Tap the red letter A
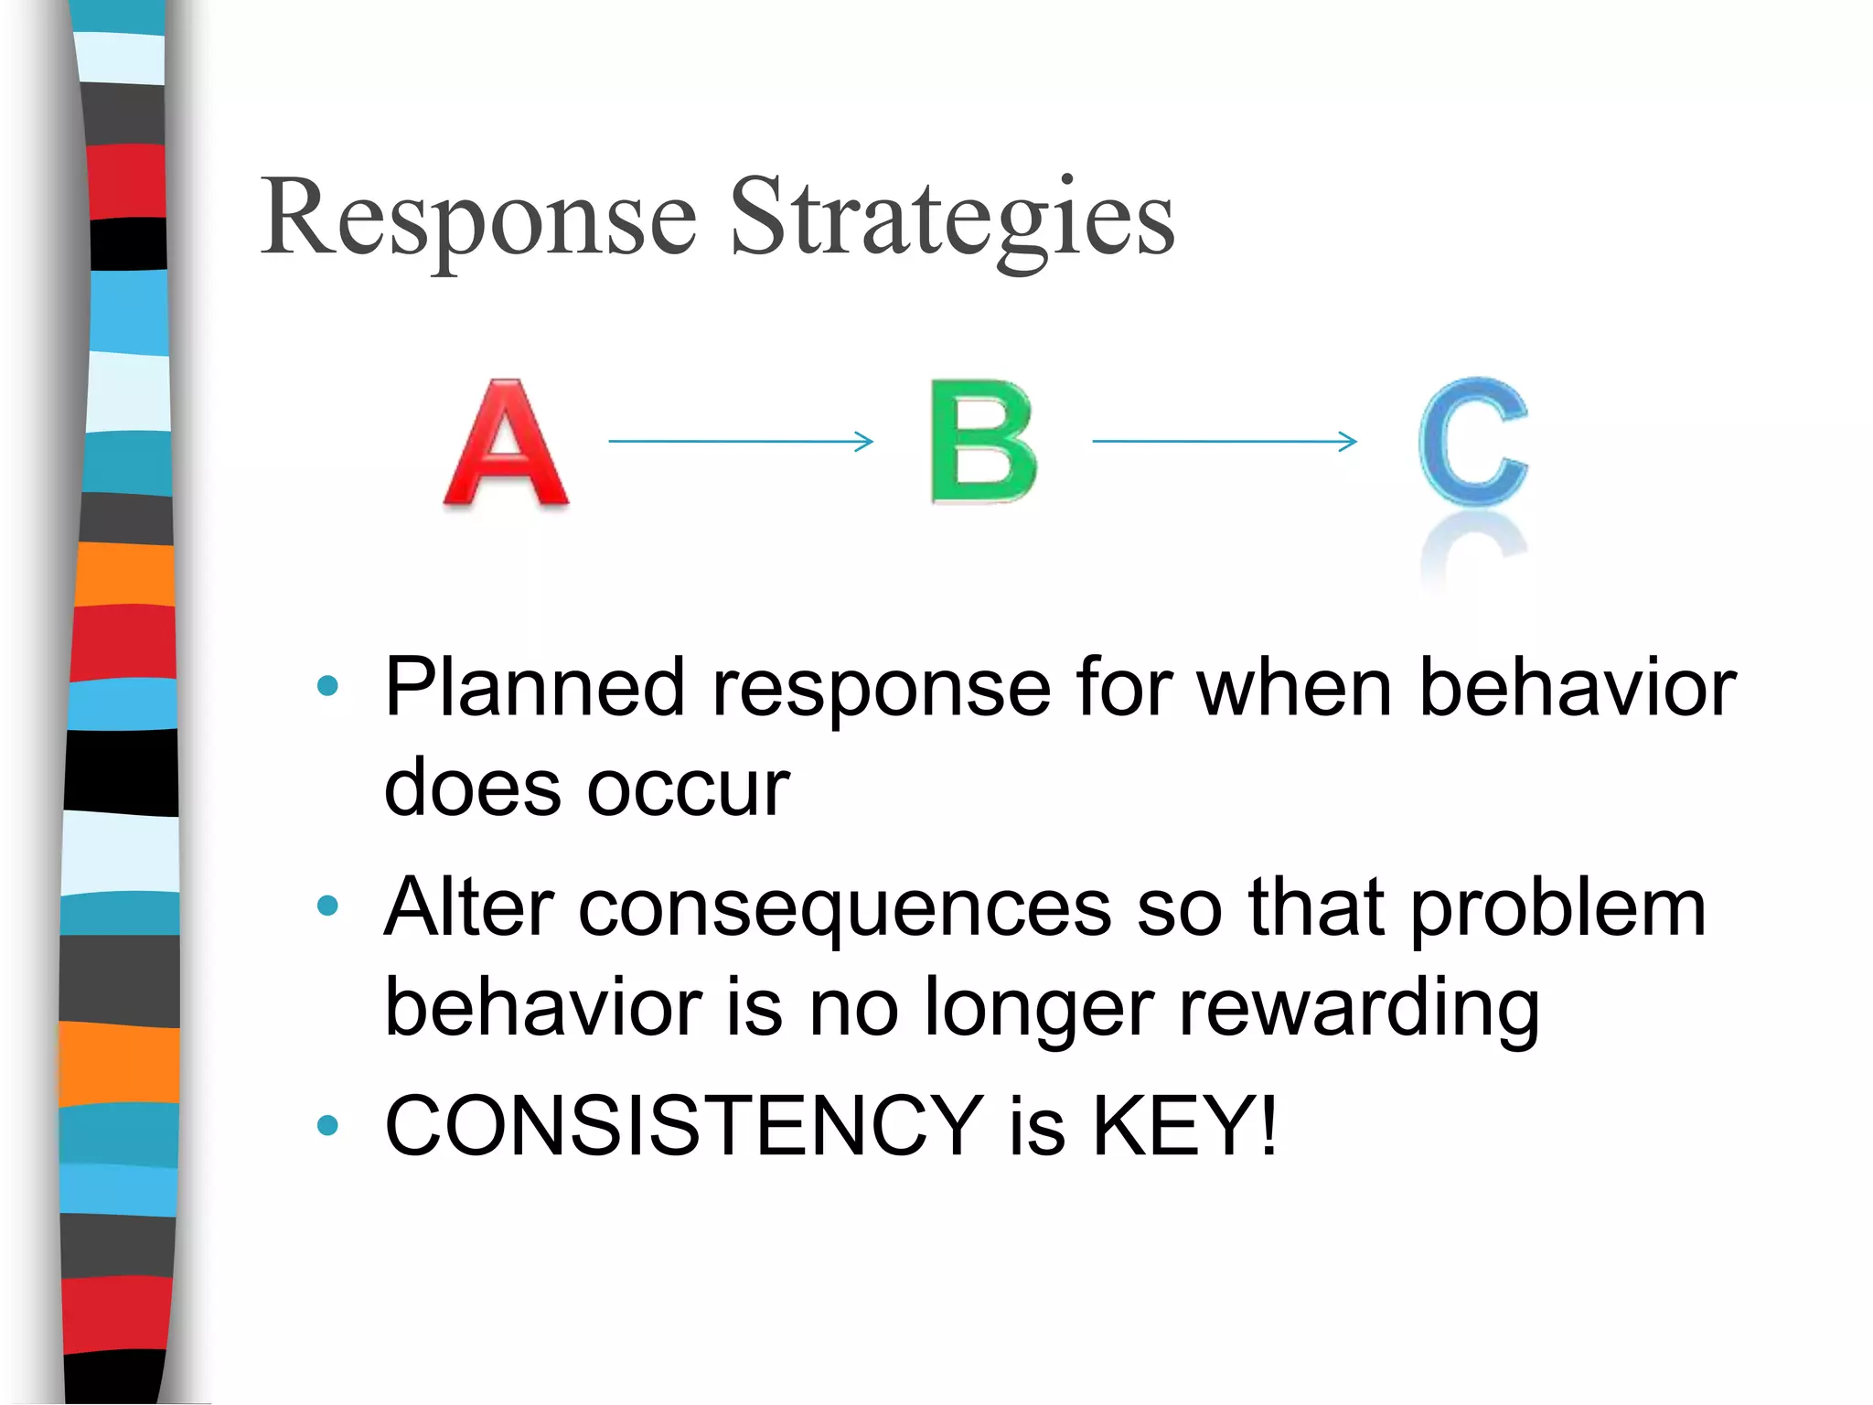click(x=506, y=444)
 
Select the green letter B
click(x=983, y=441)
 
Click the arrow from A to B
click(x=741, y=441)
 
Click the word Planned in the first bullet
click(x=534, y=688)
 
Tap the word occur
click(x=688, y=788)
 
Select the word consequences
click(x=845, y=907)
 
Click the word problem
click(x=1558, y=909)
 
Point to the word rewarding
click(x=1359, y=1008)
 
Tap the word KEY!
click(x=1185, y=1125)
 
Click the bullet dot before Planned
click(x=326, y=686)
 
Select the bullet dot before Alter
click(x=326, y=906)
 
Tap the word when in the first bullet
click(x=1295, y=688)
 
